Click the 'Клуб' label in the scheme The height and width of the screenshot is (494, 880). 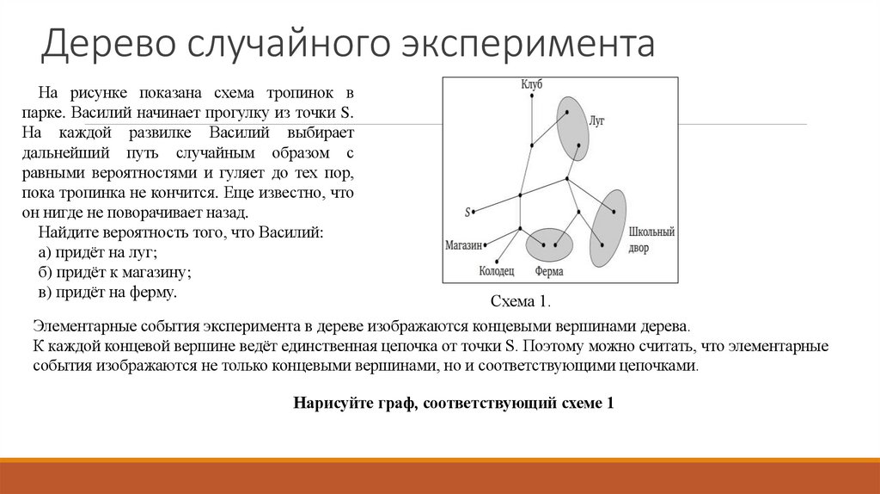click(x=531, y=83)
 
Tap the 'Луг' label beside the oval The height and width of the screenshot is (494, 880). click(x=597, y=121)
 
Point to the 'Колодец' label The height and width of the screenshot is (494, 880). click(x=497, y=271)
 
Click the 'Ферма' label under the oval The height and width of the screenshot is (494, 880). click(x=549, y=271)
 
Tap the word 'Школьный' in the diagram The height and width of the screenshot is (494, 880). click(x=652, y=232)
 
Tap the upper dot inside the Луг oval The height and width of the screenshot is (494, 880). click(x=566, y=112)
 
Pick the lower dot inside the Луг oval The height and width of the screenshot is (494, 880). click(x=578, y=145)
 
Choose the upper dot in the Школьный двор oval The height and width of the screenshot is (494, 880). click(x=614, y=212)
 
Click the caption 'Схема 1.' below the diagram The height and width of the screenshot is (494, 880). click(x=519, y=301)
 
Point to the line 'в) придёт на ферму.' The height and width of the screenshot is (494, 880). click(x=107, y=293)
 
